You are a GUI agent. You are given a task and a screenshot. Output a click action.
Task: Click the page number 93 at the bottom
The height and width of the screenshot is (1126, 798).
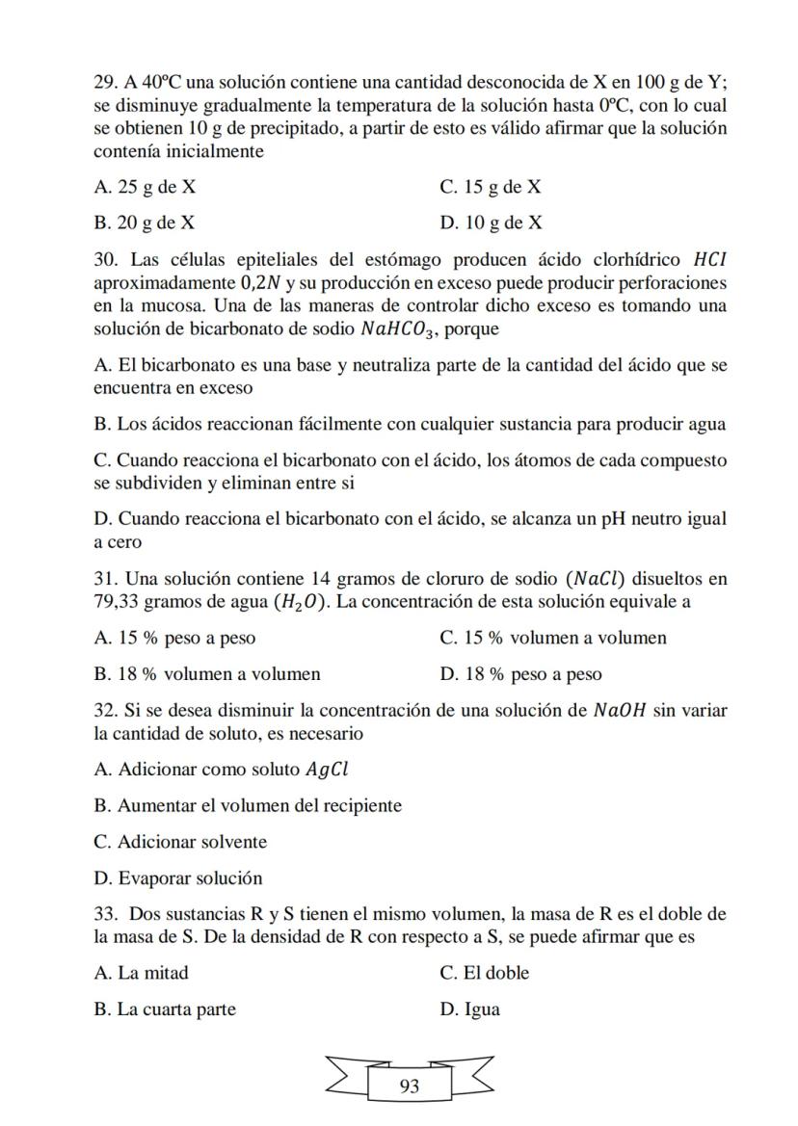coord(409,1087)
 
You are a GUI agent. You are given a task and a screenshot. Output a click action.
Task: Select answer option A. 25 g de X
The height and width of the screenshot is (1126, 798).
coord(145,187)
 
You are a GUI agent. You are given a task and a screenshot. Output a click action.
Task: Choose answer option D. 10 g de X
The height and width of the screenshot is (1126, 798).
coord(491,223)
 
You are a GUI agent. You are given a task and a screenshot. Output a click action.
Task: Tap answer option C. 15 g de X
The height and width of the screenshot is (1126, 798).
coord(490,187)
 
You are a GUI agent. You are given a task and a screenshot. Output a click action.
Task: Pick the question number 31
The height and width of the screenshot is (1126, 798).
coord(105,579)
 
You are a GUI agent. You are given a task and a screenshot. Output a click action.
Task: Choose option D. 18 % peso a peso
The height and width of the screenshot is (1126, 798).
coord(520,674)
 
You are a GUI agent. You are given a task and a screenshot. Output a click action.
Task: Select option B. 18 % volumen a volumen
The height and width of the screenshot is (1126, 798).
coord(207,674)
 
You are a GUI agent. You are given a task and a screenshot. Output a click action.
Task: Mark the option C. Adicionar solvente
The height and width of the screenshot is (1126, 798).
coord(180,842)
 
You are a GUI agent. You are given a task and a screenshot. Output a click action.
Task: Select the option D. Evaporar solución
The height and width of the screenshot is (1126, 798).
coord(178,878)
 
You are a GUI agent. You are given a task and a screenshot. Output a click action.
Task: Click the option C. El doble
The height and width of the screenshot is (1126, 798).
coord(484,973)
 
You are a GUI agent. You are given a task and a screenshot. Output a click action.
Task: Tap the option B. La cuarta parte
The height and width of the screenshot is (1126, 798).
coord(165,1009)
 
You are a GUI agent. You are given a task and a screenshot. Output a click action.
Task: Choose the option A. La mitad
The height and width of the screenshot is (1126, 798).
coord(142,973)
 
